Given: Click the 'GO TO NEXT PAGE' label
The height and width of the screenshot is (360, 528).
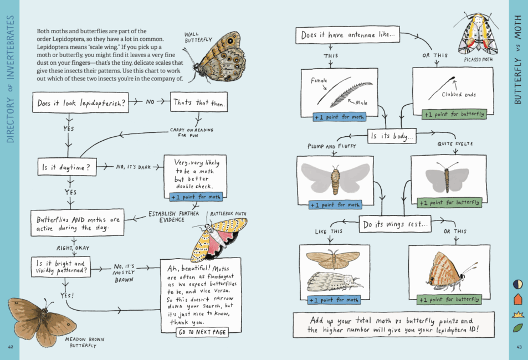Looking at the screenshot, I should [201, 332].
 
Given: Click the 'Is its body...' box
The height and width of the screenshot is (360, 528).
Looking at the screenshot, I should [392, 136].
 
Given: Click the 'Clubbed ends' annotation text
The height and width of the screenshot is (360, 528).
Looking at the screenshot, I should [458, 95].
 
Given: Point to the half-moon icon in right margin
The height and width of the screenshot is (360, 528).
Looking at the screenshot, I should [517, 284].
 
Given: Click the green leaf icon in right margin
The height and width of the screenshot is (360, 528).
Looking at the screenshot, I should [517, 328].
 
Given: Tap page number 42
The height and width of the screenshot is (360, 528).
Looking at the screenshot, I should [11, 347].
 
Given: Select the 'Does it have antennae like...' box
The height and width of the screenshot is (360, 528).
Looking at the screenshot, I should [349, 35].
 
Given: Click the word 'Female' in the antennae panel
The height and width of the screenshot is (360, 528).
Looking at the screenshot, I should [320, 81].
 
